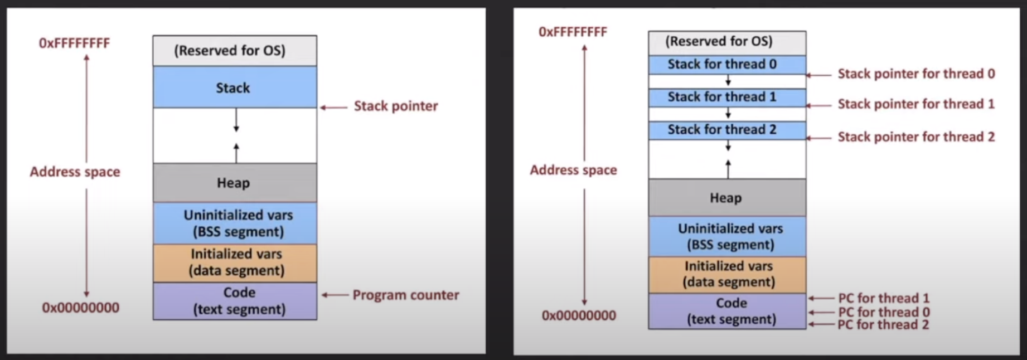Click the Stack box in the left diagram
234,87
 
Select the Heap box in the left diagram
234,183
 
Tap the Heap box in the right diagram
726,198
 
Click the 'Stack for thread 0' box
726,64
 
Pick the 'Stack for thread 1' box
726,97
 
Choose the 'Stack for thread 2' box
726,130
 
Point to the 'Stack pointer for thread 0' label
916,74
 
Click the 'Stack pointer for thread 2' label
916,137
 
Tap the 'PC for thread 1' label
884,298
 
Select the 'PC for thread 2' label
884,325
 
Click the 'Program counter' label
405,295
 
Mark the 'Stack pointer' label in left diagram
396,106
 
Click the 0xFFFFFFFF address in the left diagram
74,43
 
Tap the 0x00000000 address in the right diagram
579,315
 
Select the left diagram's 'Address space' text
75,172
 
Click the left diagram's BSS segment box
235,223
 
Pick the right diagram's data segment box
727,274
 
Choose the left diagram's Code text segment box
235,301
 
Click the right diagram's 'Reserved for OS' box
726,42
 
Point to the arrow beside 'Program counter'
335,295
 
